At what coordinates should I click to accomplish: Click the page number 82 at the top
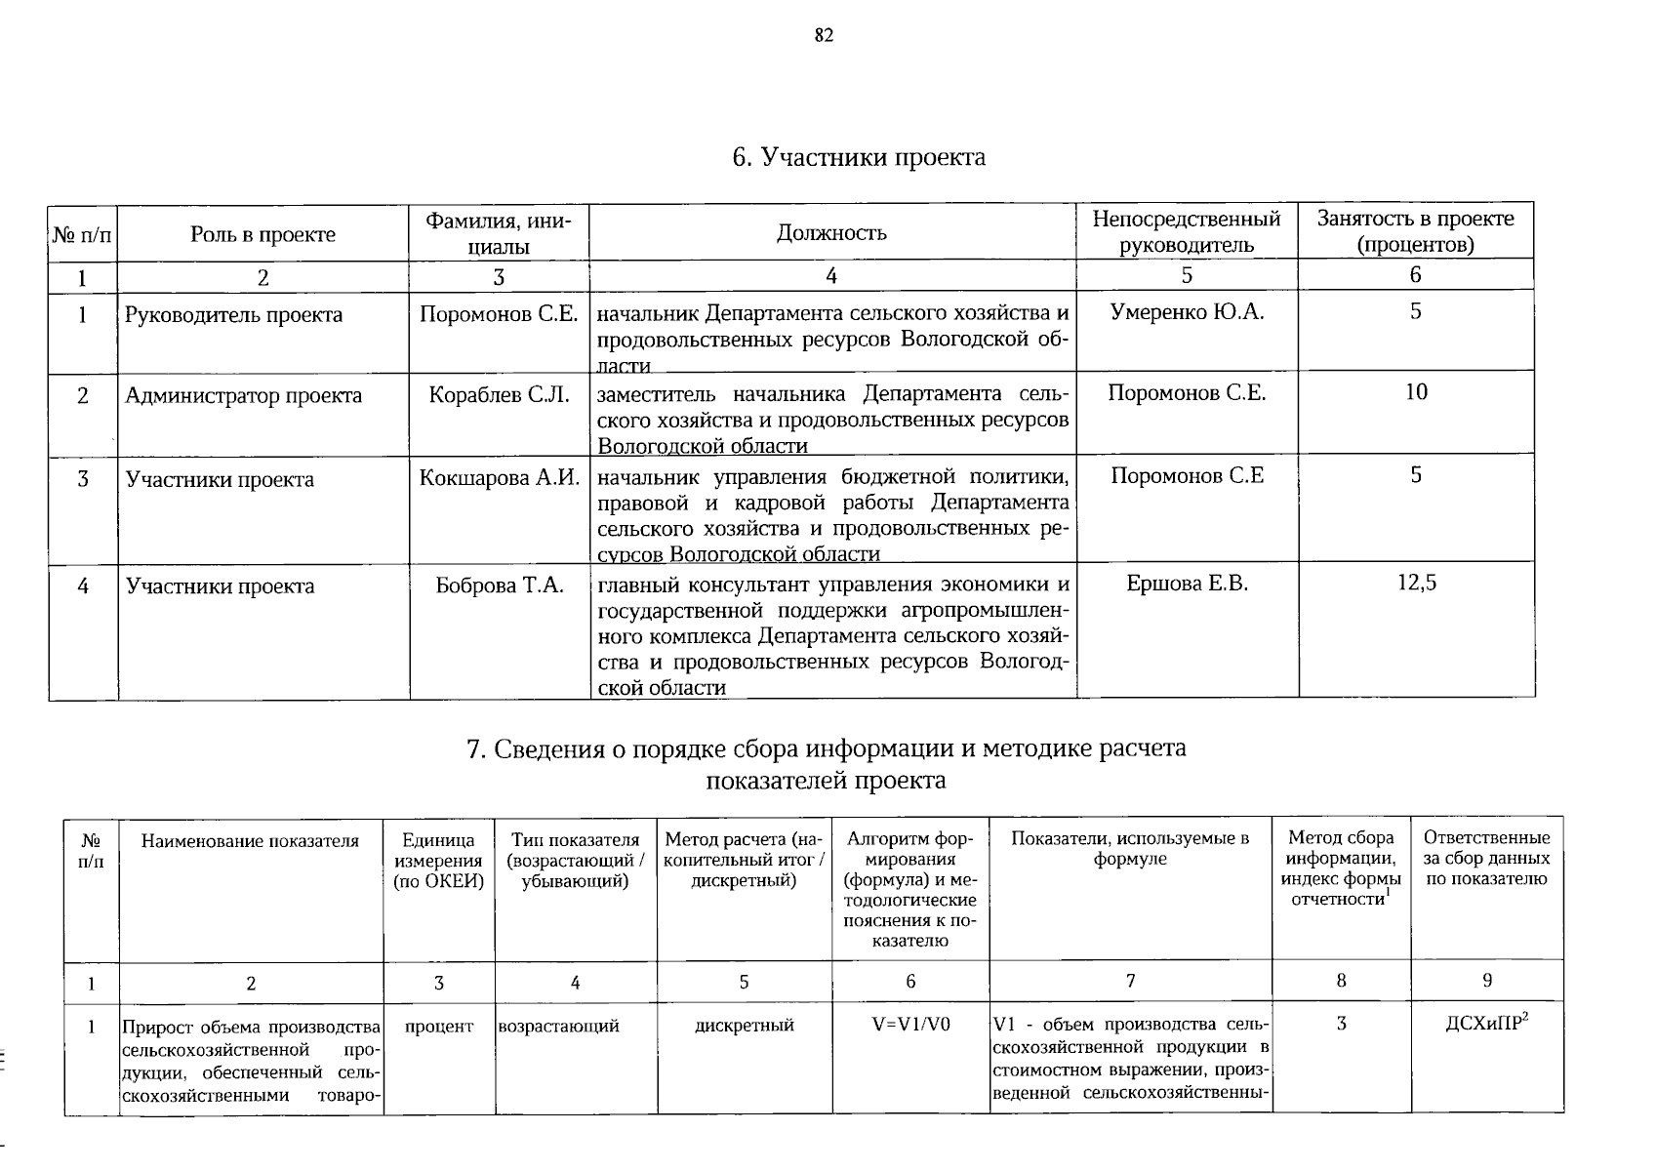pos(824,36)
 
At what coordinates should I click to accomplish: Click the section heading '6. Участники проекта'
pos(859,157)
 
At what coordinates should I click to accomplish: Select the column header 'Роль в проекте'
pos(263,234)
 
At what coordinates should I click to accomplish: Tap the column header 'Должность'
pos(831,232)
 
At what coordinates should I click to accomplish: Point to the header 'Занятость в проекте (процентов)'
pos(1415,231)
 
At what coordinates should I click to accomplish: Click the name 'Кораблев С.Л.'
pos(499,395)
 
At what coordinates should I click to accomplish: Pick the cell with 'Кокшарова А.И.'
pos(500,478)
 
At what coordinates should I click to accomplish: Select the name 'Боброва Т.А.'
pos(500,585)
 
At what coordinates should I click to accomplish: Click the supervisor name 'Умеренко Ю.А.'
pos(1187,312)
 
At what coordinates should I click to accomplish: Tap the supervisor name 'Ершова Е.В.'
pos(1187,584)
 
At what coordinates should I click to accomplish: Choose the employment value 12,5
pos(1416,584)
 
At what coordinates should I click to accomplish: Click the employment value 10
pos(1416,392)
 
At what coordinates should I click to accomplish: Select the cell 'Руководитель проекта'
pos(234,315)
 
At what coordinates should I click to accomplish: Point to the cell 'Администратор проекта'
pos(244,396)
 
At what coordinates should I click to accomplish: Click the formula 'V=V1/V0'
pos(910,1025)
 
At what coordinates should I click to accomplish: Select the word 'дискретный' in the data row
pos(744,1026)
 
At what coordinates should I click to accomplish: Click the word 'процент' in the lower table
pos(438,1027)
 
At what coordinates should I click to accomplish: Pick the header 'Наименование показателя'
pos(250,841)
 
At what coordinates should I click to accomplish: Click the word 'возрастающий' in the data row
pos(558,1027)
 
